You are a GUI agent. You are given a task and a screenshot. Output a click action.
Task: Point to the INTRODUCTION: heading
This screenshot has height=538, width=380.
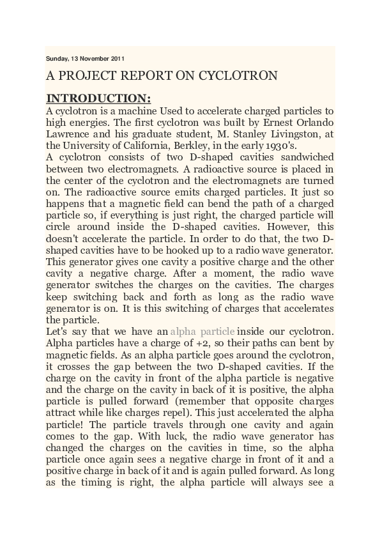(99, 98)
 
